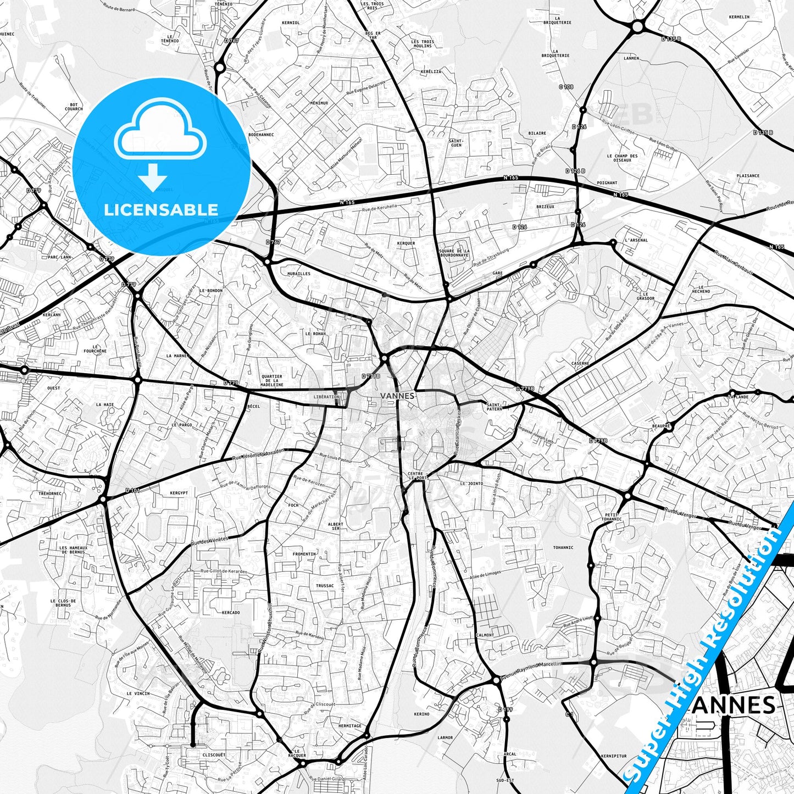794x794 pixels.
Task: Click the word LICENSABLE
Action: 161,209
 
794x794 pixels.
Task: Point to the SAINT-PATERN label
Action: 495,407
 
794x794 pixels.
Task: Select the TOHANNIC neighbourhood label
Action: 563,547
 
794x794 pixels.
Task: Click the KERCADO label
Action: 231,612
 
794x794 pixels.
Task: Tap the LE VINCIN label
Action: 138,693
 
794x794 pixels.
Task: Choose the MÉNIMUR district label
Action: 319,103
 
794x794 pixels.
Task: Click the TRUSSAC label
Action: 325,586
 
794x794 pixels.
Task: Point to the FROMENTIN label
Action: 304,554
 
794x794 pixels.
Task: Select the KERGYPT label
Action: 179,493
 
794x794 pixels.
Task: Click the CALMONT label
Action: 485,635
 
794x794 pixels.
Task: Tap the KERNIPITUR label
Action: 614,756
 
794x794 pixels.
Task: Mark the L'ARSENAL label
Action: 636,240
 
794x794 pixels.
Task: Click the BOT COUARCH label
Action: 74,107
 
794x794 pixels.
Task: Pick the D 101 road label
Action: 132,490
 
